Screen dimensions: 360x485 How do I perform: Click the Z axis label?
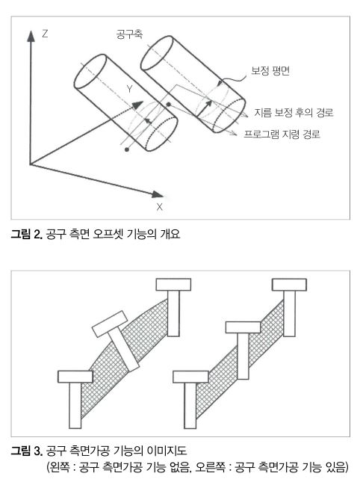click(x=45, y=34)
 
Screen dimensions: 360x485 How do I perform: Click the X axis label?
click(x=159, y=207)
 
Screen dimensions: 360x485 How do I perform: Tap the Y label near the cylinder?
click(x=129, y=89)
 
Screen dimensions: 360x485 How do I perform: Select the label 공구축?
click(x=129, y=34)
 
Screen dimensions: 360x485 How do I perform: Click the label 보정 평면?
click(x=270, y=71)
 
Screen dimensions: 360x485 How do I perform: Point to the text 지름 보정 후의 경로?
click(x=294, y=112)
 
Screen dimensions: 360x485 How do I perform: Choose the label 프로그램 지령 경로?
click(x=282, y=134)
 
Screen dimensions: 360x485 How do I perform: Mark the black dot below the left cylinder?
click(x=127, y=149)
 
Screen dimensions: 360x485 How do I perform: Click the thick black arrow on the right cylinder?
click(x=204, y=108)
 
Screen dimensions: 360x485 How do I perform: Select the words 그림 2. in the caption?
click(x=26, y=234)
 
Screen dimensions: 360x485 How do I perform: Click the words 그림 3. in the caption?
click(x=26, y=451)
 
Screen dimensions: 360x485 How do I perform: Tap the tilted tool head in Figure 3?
click(x=110, y=324)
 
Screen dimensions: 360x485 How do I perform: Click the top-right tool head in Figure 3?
click(x=289, y=285)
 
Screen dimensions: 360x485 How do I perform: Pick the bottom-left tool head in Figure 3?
click(x=75, y=377)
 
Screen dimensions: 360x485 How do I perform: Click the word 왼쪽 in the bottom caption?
click(x=60, y=467)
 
